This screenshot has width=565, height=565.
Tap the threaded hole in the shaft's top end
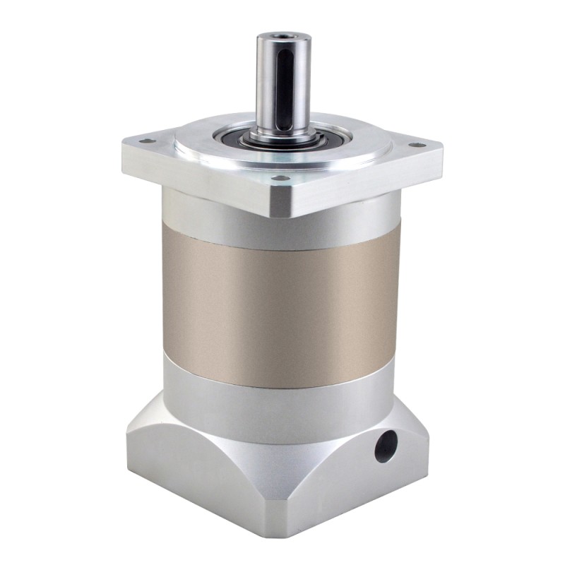click(x=284, y=35)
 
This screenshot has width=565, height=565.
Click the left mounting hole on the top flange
click(x=147, y=141)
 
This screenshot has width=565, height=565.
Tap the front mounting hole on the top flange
click(x=280, y=178)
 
